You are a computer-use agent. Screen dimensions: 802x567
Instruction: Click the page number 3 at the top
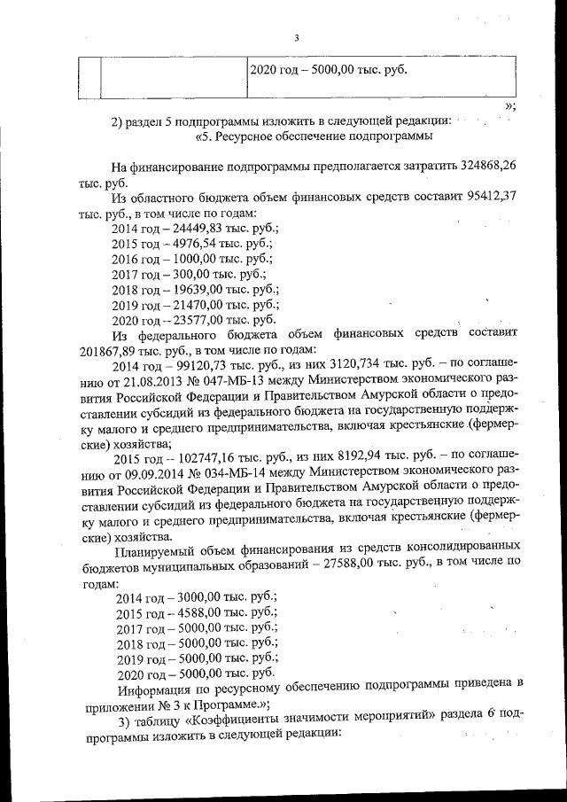[297, 37]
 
